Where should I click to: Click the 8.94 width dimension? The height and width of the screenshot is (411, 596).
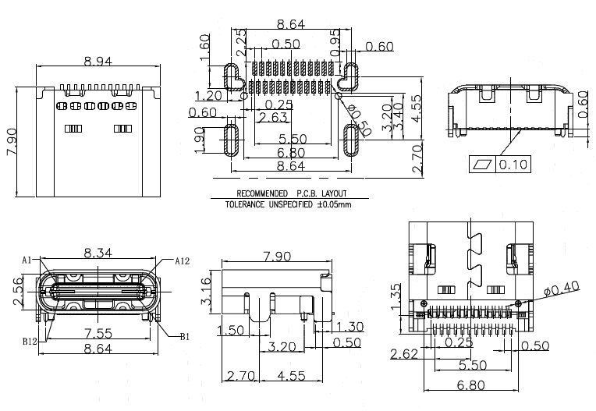[98, 61]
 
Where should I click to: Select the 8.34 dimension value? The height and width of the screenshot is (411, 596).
[98, 253]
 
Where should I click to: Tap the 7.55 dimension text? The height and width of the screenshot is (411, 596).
[98, 334]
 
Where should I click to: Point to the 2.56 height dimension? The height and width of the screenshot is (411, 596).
[17, 292]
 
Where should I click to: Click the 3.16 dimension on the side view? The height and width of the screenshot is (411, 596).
[206, 292]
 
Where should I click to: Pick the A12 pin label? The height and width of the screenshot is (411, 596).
[182, 261]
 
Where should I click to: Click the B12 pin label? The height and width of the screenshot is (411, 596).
[30, 341]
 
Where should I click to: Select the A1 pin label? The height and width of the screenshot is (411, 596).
[27, 260]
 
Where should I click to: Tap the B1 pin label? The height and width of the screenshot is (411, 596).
[184, 337]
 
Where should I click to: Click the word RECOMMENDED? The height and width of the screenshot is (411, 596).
[262, 193]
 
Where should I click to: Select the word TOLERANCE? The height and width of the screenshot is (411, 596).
[245, 205]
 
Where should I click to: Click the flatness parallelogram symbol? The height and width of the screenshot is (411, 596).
[482, 165]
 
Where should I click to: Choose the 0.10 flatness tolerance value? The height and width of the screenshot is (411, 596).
[513, 165]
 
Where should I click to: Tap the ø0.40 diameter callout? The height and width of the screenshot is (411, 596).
[562, 288]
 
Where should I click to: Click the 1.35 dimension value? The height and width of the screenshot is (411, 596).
[396, 297]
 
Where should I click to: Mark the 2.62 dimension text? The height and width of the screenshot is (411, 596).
[404, 354]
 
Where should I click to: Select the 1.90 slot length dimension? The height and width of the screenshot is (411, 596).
[200, 140]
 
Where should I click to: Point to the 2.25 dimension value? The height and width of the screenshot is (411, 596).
[241, 43]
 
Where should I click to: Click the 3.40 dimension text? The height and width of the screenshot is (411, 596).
[398, 117]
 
